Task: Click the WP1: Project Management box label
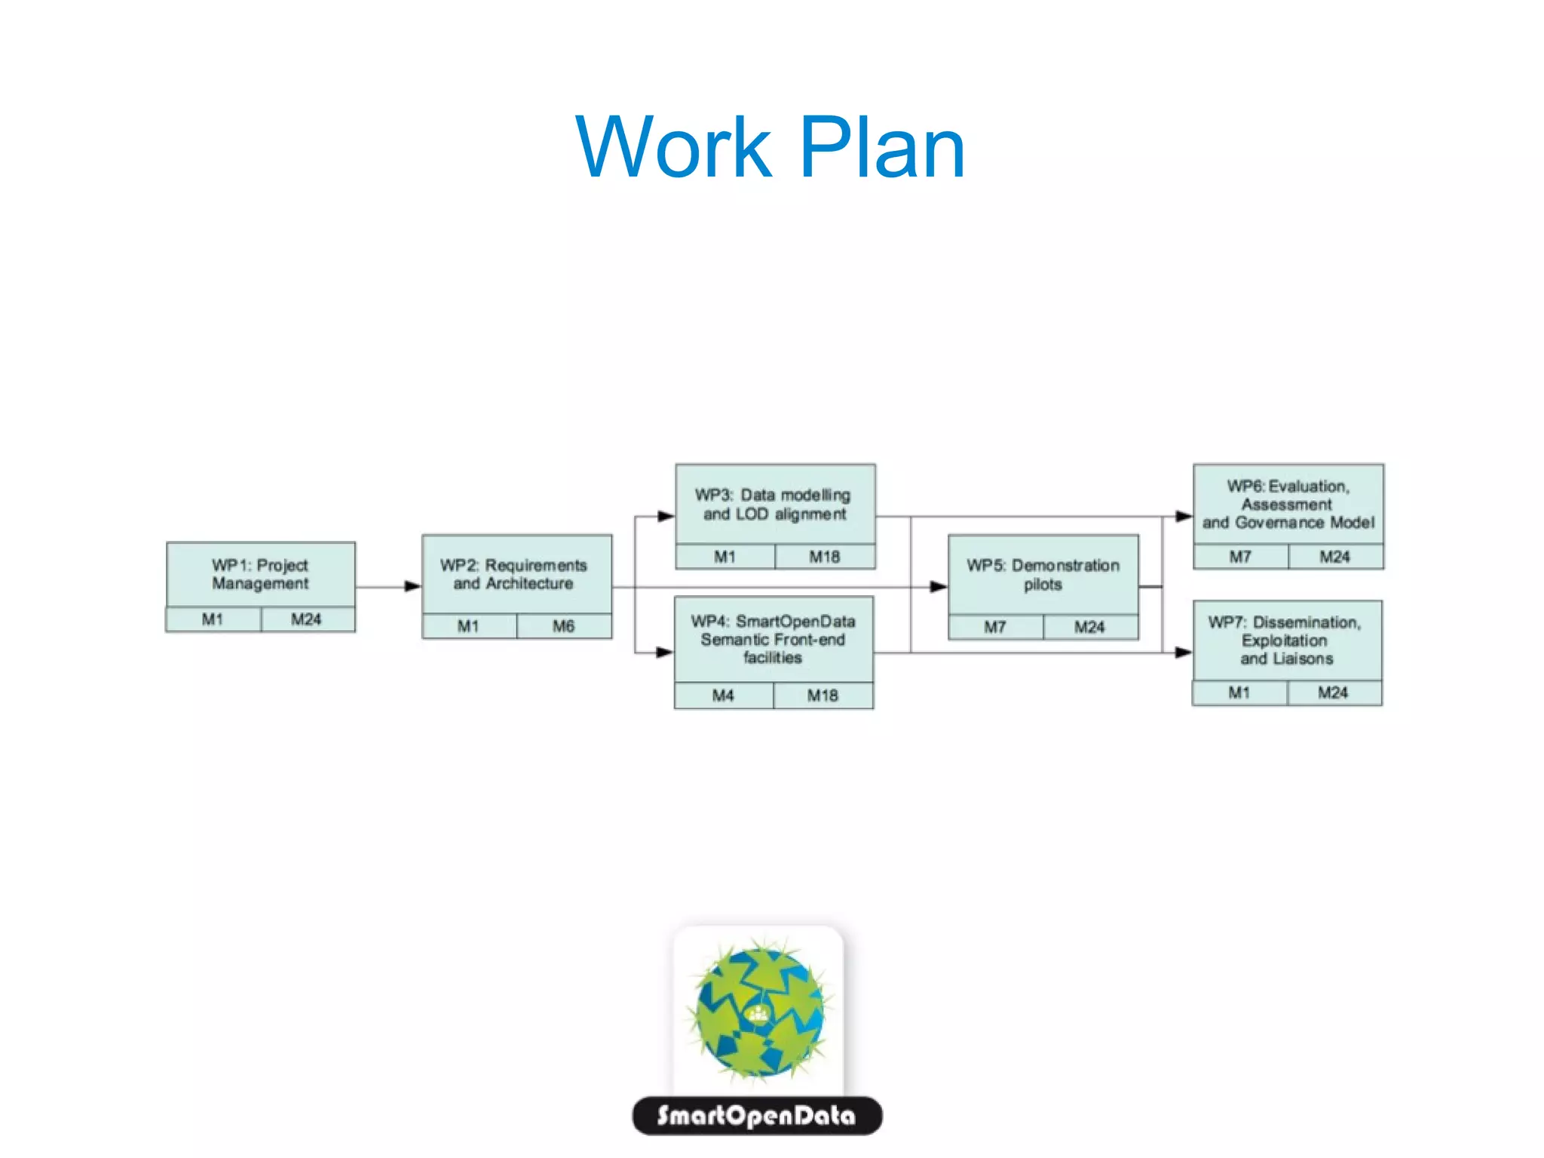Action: (260, 574)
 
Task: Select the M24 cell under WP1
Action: (306, 619)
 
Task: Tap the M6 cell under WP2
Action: (563, 626)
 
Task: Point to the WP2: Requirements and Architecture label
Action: (514, 574)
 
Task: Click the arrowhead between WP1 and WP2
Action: (412, 586)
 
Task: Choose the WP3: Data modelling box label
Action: (774, 505)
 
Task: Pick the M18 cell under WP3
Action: (824, 557)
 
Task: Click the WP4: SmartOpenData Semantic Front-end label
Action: (773, 639)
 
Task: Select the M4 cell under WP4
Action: (723, 696)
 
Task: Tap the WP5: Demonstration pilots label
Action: (1043, 575)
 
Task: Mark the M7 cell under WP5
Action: (995, 627)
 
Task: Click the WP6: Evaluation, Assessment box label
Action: (1288, 504)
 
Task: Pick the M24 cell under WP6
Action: (1334, 557)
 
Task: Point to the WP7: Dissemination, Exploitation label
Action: (1285, 640)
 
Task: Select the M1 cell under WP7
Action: (1239, 693)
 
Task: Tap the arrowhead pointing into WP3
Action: (665, 517)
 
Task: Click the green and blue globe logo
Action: (758, 1009)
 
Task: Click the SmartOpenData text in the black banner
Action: (756, 1116)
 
